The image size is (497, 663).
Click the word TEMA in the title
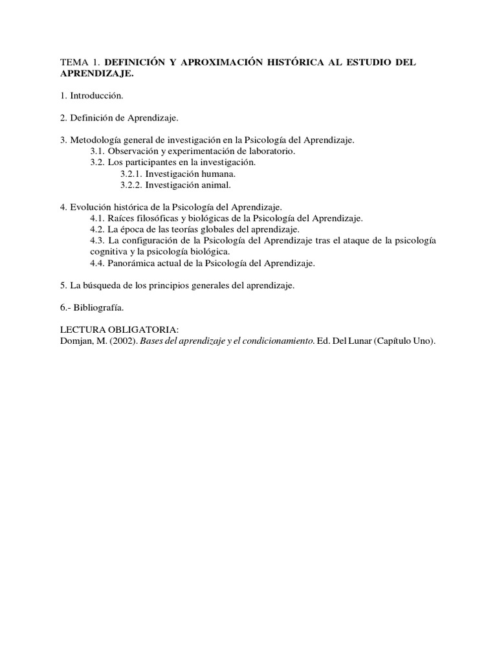tap(73, 62)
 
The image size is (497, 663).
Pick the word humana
tap(219, 174)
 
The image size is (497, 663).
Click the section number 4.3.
tap(97, 240)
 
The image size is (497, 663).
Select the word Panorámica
tap(134, 263)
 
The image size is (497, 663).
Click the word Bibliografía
tap(98, 308)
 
